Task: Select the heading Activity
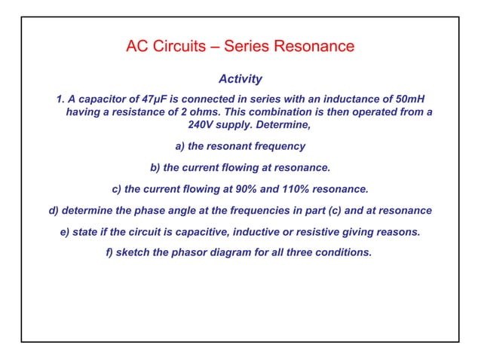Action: (x=240, y=78)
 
